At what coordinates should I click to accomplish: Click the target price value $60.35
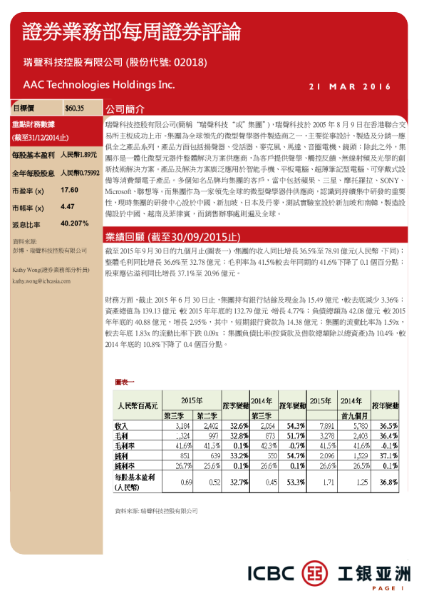click(74, 108)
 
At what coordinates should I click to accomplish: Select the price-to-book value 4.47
click(68, 206)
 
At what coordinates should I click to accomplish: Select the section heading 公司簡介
click(125, 110)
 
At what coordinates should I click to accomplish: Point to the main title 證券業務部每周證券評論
click(131, 32)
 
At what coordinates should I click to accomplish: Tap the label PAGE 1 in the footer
click(388, 588)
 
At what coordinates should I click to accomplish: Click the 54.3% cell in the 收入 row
click(295, 425)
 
